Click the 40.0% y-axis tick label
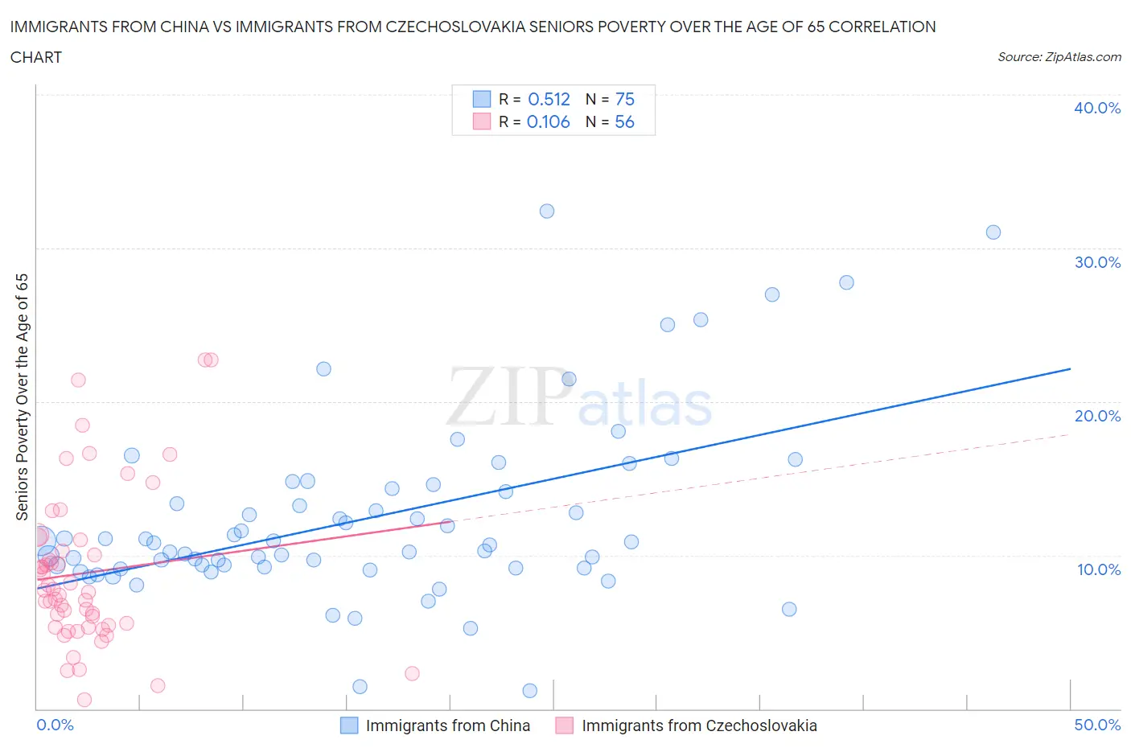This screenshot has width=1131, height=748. click(x=1097, y=108)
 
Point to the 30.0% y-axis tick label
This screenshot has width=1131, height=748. click(x=1097, y=262)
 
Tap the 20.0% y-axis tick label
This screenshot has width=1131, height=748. click(x=1097, y=416)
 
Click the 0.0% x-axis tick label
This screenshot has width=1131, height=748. click(x=55, y=725)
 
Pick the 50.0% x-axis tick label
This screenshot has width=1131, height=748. click(x=1097, y=725)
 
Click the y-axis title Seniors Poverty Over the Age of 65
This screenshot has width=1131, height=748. click(x=23, y=397)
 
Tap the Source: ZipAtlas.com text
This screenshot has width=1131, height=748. click(x=1059, y=56)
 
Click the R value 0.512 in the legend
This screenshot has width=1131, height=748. click(x=549, y=99)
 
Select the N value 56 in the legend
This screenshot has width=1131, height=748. click(x=624, y=121)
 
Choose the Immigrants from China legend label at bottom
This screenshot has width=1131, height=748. click(x=447, y=725)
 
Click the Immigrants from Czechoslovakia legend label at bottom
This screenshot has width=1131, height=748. click(x=699, y=725)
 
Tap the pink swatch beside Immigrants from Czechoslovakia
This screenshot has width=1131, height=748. click(x=565, y=725)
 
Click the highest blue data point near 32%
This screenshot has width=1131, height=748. click(x=547, y=211)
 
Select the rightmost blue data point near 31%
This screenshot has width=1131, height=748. click(x=993, y=232)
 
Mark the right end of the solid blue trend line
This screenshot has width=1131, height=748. click(x=1070, y=368)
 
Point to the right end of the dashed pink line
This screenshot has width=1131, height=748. click(x=1070, y=434)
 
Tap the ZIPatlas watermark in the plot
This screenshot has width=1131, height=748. click(x=579, y=397)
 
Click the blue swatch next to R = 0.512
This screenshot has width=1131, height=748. click(x=482, y=99)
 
